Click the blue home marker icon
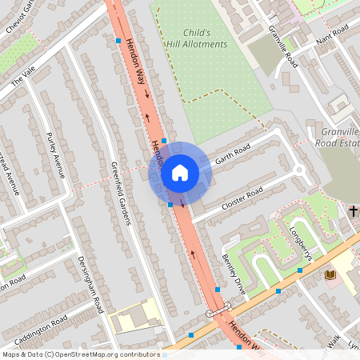[x=179, y=173]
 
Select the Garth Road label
[x=232, y=153]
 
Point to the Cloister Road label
[x=242, y=198]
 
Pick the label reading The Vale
[x=23, y=77]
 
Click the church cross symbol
[x=353, y=210]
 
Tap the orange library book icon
[x=330, y=274]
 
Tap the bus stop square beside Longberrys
[x=299, y=270]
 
